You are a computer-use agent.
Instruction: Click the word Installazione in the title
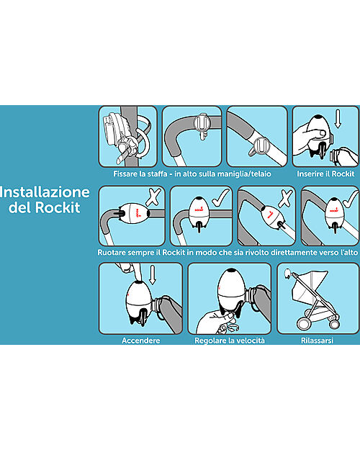pyautogui.click(x=45, y=192)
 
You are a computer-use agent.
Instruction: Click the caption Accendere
pyautogui.click(x=140, y=340)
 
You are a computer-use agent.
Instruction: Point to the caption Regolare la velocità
pyautogui.click(x=229, y=340)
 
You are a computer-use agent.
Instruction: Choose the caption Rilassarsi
pyautogui.click(x=318, y=340)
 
